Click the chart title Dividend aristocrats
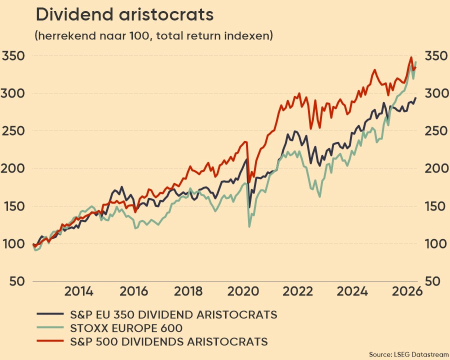pyautogui.click(x=124, y=15)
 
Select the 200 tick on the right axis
pyautogui.click(x=435, y=168)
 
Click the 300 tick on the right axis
pyautogui.click(x=435, y=93)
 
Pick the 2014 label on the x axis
pyautogui.click(x=78, y=292)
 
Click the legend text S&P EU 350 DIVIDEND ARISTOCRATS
pyautogui.click(x=172, y=314)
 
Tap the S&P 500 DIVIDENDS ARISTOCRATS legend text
pyautogui.click(x=168, y=342)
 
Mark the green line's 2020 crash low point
pyautogui.click(x=249, y=227)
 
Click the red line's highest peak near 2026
pyautogui.click(x=411, y=57)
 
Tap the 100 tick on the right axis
pyautogui.click(x=435, y=244)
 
